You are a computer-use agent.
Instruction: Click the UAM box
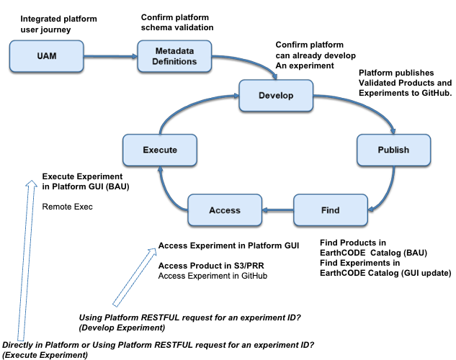pyautogui.click(x=43, y=55)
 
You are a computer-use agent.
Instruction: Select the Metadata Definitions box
pyautogui.click(x=176, y=56)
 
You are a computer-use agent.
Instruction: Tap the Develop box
pyautogui.click(x=276, y=95)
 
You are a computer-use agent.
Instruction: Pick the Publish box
pyautogui.click(x=393, y=150)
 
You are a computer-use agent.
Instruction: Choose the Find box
pyautogui.click(x=330, y=210)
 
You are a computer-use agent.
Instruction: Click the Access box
pyautogui.click(x=224, y=210)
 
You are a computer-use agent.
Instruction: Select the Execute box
pyautogui.click(x=159, y=150)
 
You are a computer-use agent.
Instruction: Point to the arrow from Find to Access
pyautogui.click(x=277, y=210)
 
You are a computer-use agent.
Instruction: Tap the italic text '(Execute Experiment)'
pyautogui.click(x=45, y=355)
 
